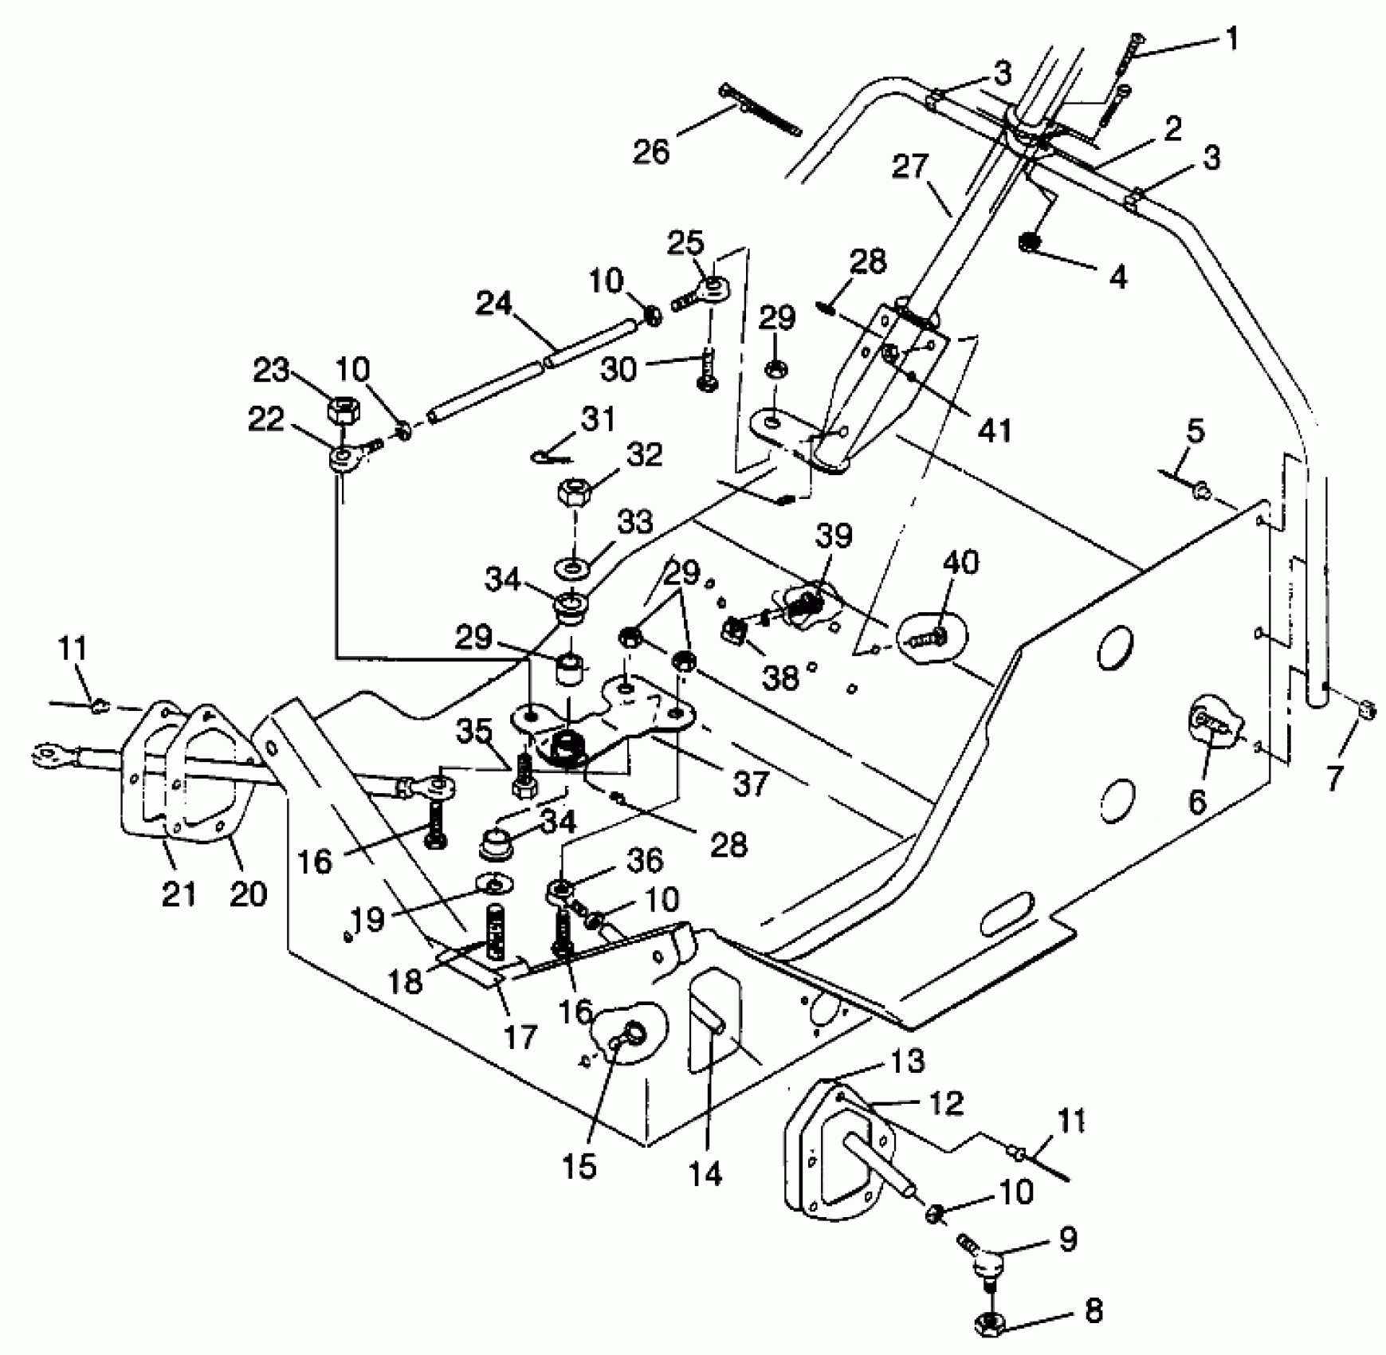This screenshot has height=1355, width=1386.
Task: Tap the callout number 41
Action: [994, 430]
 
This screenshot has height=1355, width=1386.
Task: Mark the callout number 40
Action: [960, 563]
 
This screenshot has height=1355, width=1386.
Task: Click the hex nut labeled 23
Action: [344, 412]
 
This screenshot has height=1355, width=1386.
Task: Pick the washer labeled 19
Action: [494, 884]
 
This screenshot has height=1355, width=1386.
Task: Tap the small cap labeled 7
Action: [1365, 708]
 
